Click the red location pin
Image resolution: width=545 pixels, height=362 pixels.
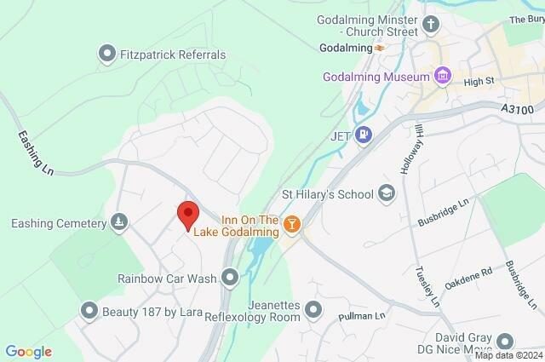pos(187,215)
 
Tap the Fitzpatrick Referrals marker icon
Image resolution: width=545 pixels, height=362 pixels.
pos(107,55)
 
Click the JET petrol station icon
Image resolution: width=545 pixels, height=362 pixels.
pos(364,134)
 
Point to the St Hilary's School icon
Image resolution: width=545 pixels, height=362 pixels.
pos(388,193)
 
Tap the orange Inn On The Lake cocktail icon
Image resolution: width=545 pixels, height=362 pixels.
pos(292,224)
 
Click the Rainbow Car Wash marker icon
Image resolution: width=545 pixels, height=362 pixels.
pos(230,277)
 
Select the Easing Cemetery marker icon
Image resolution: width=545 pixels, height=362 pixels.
pos(120,223)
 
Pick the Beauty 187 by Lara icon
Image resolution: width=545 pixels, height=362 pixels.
pos(89,311)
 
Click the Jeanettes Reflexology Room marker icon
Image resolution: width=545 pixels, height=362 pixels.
pos(314,309)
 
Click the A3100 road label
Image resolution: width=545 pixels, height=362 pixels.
pos(516,109)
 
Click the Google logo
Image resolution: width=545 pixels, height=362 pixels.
pos(29,351)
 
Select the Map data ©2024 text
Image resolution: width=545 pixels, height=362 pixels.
pos(508,355)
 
